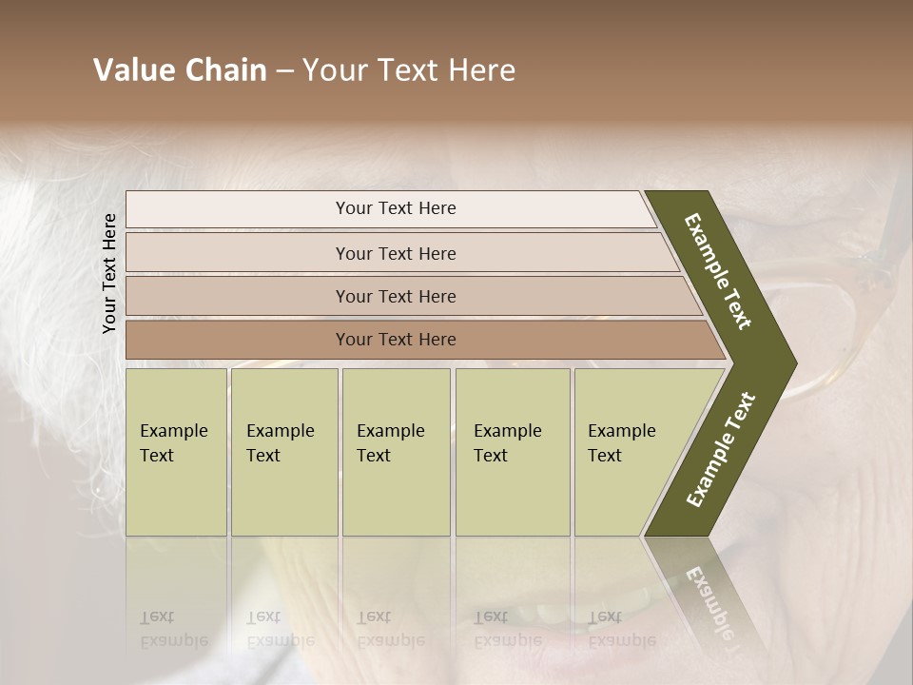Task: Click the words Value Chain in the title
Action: point(180,70)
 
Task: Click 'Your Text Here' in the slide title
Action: point(409,70)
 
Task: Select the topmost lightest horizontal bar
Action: point(238,209)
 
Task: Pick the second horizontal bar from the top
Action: point(238,253)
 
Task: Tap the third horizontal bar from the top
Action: point(238,296)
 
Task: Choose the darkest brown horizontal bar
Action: point(238,340)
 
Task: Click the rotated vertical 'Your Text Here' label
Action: point(110,273)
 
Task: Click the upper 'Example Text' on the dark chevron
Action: point(718,271)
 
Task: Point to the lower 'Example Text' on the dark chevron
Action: point(721,450)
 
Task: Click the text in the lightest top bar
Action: point(396,208)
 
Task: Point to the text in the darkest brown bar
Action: point(396,340)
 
